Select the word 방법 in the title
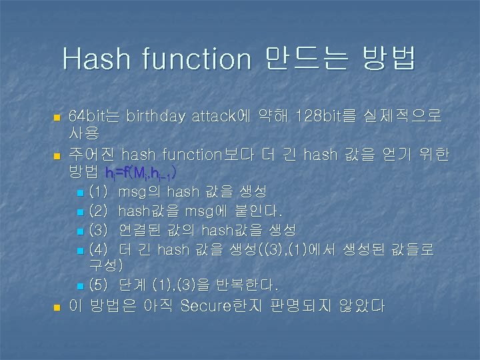coord(388,59)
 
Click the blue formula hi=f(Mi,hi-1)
coord(141,174)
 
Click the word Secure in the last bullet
coord(206,307)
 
